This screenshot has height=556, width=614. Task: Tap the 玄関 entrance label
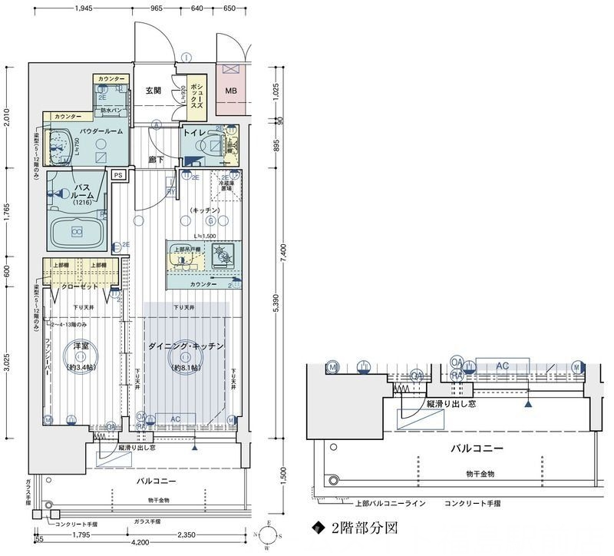coord(153,91)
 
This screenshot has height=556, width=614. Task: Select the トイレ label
coord(192,132)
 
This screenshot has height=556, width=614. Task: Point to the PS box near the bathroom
coord(117,175)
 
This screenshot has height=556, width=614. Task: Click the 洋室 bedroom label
coord(80,346)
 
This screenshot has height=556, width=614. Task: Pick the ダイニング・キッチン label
coord(187,346)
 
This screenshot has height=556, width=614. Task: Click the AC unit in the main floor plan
coord(175,419)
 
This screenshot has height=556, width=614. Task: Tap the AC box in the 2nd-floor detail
coord(502,366)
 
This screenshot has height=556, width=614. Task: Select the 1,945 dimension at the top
coord(84,9)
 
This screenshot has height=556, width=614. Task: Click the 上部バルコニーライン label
coord(391,505)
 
